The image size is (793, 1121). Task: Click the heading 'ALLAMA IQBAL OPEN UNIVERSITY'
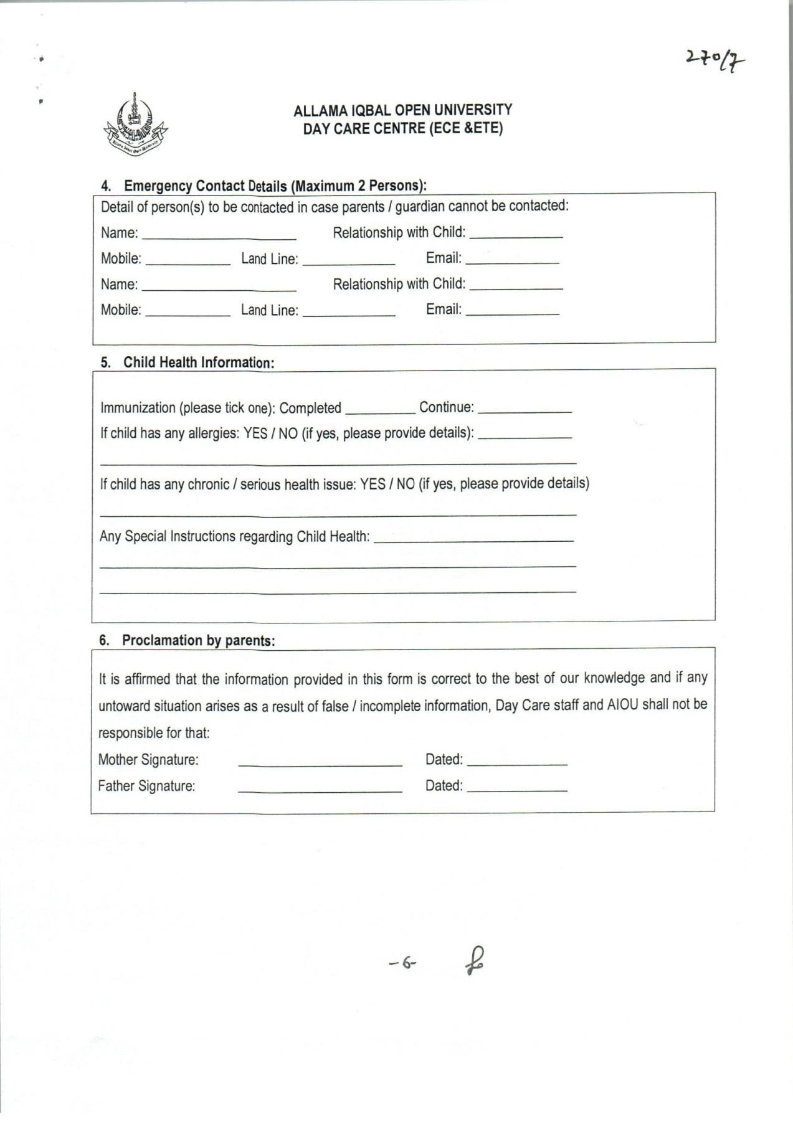click(x=402, y=110)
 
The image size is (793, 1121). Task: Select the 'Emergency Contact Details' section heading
click(x=264, y=186)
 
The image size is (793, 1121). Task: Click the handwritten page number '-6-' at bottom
click(x=402, y=963)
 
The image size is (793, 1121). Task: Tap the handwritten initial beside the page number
click(x=475, y=960)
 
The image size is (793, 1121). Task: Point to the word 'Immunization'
click(x=138, y=409)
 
